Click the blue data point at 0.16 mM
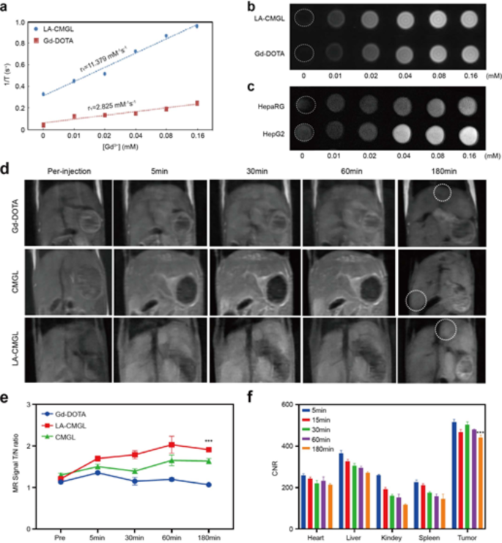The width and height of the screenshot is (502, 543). click(x=196, y=26)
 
